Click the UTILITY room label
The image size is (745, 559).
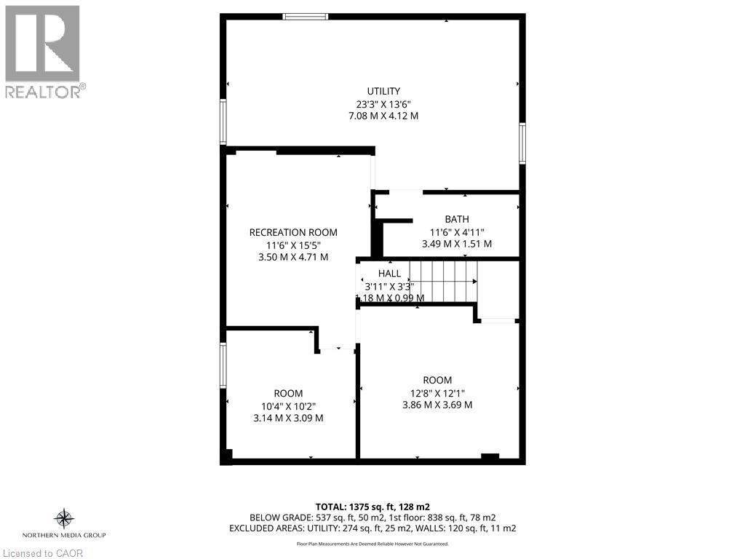[383, 91]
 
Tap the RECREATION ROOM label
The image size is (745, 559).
[293, 232]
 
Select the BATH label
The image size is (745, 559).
[457, 219]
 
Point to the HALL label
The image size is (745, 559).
[389, 273]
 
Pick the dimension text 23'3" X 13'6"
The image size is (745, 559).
[383, 103]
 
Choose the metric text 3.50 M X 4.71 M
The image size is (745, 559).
[293, 257]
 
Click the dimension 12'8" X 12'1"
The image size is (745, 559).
[437, 392]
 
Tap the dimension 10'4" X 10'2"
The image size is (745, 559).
[288, 405]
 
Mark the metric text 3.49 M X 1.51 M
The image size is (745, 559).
[457, 244]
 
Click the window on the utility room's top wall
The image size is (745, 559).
[306, 16]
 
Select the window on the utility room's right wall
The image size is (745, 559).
[522, 142]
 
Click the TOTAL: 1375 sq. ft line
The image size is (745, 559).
[372, 506]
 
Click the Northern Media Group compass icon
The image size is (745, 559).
[65, 518]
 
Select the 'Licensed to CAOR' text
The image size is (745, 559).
[42, 552]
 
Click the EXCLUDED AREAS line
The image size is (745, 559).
[372, 528]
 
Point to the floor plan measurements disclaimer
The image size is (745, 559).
[372, 544]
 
